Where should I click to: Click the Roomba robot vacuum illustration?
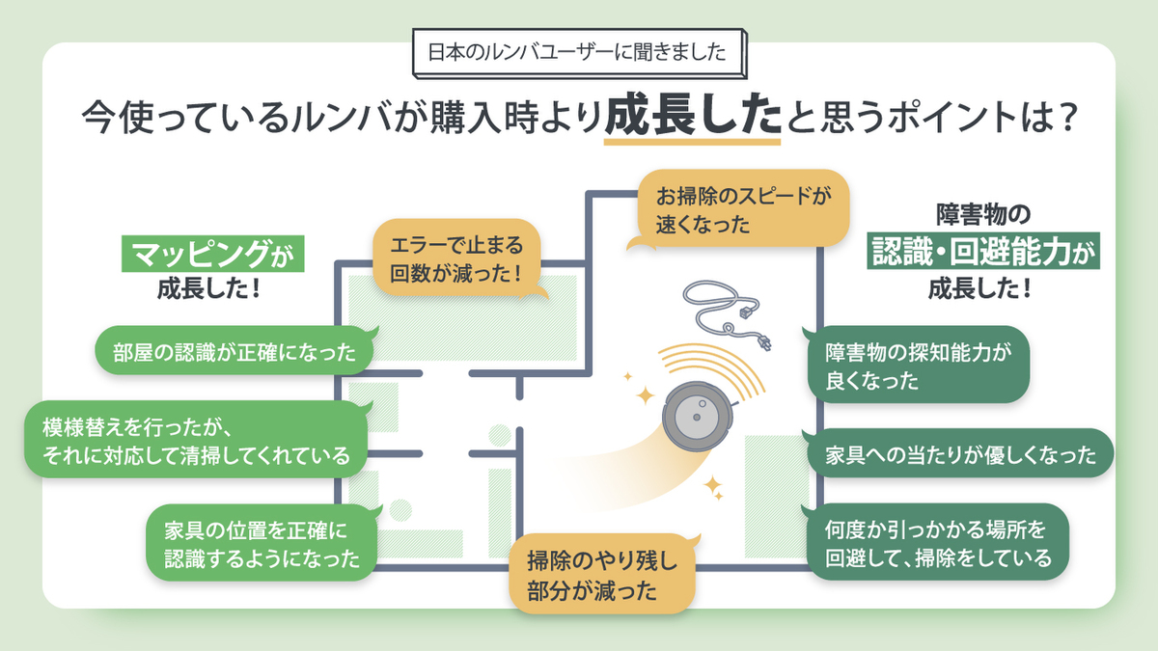coord(696,418)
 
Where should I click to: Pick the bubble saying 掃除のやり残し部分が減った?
coord(603,574)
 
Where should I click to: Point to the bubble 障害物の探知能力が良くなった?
coord(917,366)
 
